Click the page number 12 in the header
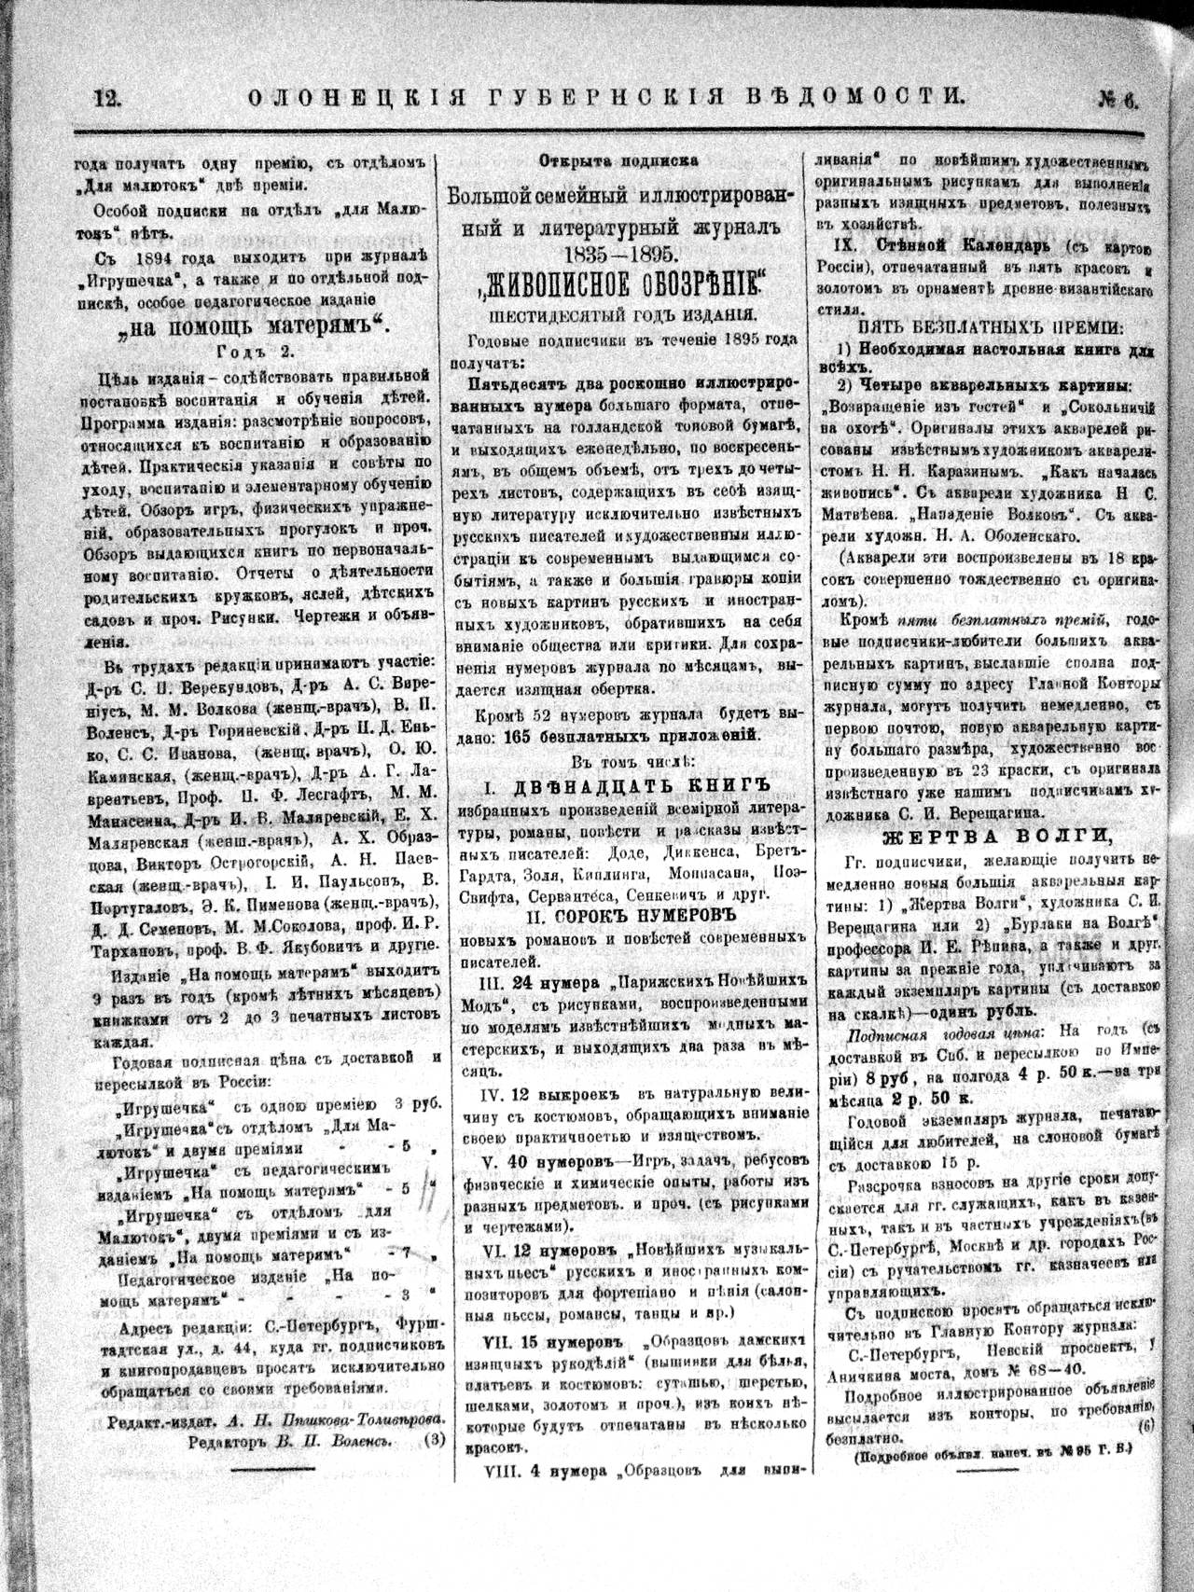coord(110,94)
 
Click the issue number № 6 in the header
coord(1117,96)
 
